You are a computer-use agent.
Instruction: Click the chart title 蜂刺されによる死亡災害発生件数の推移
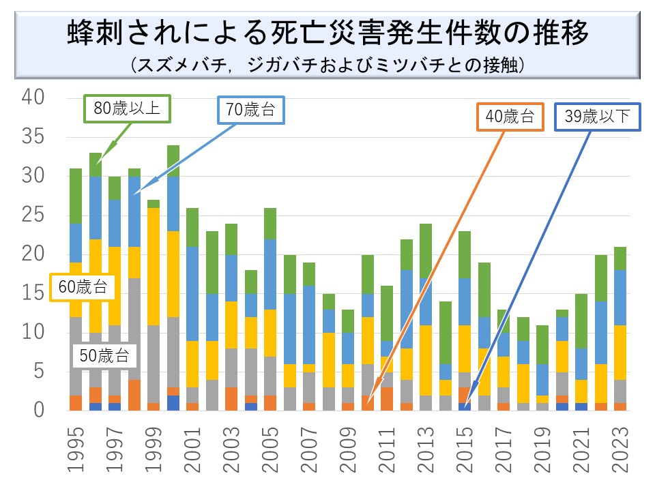327,33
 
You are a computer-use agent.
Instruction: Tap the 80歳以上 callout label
127,108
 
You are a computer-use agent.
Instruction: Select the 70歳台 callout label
250,110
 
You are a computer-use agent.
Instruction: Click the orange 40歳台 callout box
510,117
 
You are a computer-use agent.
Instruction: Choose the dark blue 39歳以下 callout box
597,117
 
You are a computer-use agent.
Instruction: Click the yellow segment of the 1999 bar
154,266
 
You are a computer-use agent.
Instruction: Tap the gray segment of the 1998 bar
134,328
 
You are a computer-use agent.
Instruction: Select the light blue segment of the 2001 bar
192,293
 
